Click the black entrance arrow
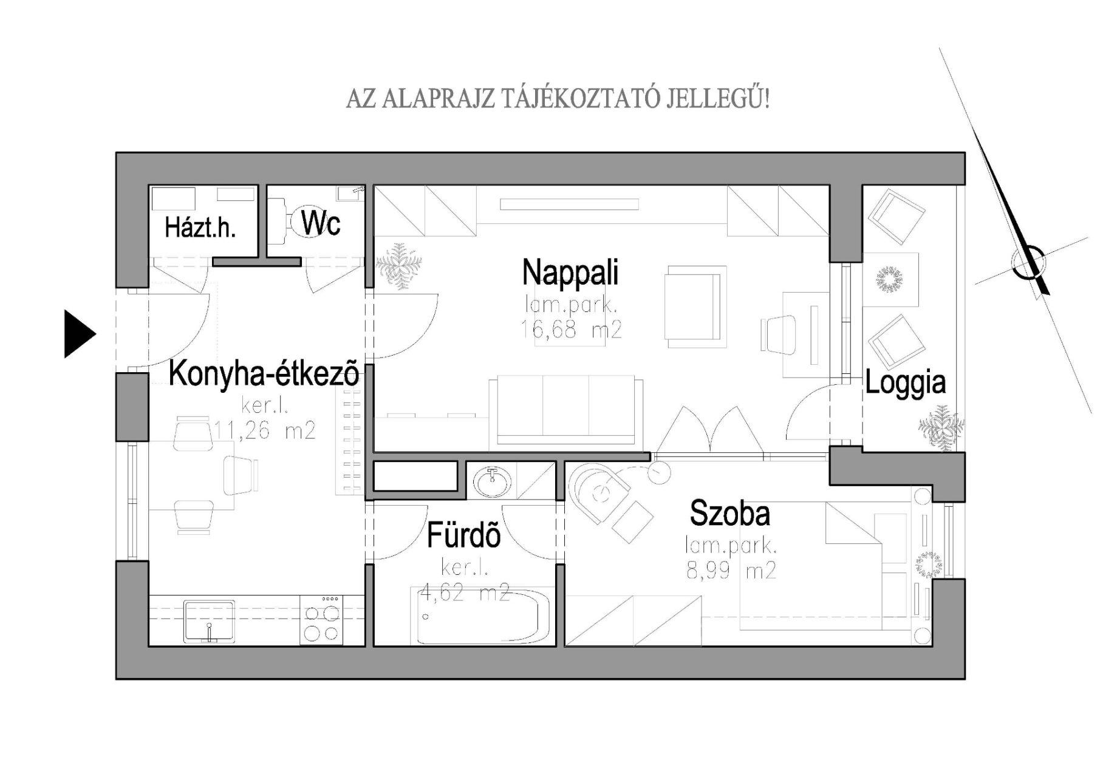(x=80, y=334)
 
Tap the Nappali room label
(x=570, y=272)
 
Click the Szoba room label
(x=730, y=514)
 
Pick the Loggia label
(x=905, y=383)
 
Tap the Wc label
(x=321, y=223)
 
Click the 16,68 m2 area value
(x=571, y=330)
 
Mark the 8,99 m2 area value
(x=731, y=571)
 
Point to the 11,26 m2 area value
(x=265, y=431)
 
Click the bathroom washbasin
(x=493, y=481)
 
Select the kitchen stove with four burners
(x=321, y=620)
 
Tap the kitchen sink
(x=209, y=622)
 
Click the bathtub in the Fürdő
(x=483, y=616)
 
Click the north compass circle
(x=1029, y=262)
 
